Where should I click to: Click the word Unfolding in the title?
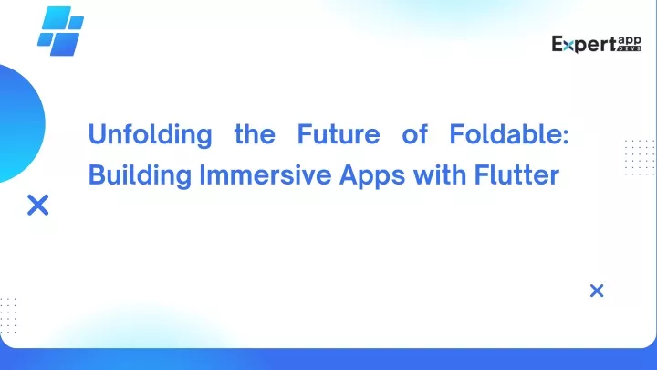(x=150, y=135)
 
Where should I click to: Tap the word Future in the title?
(x=339, y=133)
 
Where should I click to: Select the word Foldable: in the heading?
(x=508, y=133)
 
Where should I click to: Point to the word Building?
(x=140, y=175)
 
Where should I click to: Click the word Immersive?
(x=266, y=174)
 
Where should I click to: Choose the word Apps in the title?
(x=372, y=175)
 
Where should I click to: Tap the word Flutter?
(x=516, y=174)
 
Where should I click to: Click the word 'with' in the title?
(x=440, y=174)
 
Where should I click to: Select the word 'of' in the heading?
(x=415, y=134)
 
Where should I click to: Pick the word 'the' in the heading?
(x=255, y=134)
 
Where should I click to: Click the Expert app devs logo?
(x=596, y=44)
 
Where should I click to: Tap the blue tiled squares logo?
(x=61, y=31)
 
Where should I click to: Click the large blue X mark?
(x=38, y=205)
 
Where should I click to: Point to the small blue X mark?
(x=597, y=291)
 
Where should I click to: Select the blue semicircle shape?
(x=21, y=124)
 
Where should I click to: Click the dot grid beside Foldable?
(x=640, y=157)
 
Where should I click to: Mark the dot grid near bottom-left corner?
(x=8, y=315)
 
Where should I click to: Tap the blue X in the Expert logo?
(x=568, y=46)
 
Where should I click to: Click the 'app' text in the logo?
(x=630, y=41)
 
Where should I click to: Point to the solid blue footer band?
(x=328, y=359)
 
